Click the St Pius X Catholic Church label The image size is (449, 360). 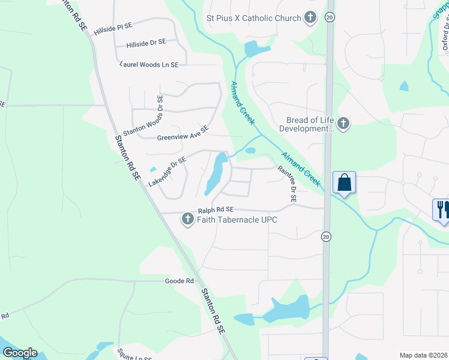click(253, 18)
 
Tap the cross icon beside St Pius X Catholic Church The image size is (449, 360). click(310, 17)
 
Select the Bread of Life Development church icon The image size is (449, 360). click(343, 124)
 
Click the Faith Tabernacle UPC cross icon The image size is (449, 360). click(187, 220)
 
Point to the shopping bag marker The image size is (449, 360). click(344, 182)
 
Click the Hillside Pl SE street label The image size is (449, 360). click(112, 27)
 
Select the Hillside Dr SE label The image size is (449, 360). click(146, 44)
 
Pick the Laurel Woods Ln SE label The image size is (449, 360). click(149, 64)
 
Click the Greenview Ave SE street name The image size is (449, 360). click(182, 133)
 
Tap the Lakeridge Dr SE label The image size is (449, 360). click(167, 171)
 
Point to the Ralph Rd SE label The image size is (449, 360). click(215, 210)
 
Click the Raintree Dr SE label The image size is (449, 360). click(288, 184)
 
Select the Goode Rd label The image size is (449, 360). click(179, 281)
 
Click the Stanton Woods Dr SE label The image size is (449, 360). click(142, 117)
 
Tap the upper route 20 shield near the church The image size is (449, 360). click(329, 17)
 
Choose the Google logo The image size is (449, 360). click(20, 353)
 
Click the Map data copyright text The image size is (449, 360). click(424, 355)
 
